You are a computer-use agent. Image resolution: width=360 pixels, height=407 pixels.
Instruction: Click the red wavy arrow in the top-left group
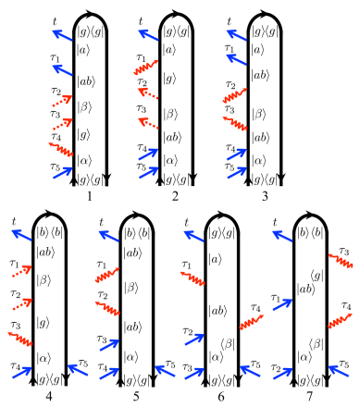(61, 149)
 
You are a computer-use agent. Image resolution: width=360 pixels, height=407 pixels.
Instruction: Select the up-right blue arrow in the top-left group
(62, 173)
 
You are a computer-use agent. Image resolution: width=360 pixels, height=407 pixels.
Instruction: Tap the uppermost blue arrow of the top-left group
(62, 35)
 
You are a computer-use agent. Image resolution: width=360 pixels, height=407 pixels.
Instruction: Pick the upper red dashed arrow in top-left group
(61, 101)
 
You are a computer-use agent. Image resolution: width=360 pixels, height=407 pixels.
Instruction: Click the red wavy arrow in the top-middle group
(146, 67)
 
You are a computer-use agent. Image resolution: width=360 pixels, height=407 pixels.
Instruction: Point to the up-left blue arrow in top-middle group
(148, 35)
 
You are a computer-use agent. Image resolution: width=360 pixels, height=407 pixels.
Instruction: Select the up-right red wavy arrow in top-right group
(235, 95)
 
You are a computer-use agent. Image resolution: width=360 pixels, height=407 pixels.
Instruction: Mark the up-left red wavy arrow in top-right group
(235, 123)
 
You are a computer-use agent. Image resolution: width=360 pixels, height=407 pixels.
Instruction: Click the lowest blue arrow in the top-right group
(237, 172)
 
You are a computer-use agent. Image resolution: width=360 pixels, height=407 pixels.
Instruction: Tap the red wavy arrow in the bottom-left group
(20, 339)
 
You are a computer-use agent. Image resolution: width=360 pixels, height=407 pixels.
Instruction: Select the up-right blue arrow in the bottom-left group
(21, 373)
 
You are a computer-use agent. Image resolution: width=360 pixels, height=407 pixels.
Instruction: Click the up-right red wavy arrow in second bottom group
(107, 275)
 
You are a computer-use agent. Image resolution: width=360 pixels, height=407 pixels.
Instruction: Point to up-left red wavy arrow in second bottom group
(107, 308)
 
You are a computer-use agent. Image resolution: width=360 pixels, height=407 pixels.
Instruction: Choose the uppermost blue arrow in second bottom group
(108, 236)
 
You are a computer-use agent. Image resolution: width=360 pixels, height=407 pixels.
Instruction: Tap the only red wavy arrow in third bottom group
(192, 277)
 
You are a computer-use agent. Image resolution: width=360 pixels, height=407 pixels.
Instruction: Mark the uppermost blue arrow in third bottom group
(193, 236)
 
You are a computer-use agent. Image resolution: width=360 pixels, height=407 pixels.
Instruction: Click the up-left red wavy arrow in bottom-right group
(341, 260)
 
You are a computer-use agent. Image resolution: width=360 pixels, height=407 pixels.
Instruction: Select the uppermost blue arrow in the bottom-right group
(282, 236)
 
